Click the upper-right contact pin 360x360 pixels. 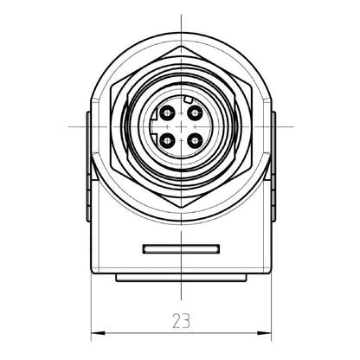point(193,112)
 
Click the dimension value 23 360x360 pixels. point(181,320)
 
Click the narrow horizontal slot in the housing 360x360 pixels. point(181,250)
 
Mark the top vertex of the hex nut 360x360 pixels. point(181,42)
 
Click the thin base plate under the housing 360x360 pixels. point(181,278)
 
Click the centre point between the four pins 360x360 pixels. point(181,125)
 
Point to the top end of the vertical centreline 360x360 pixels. point(181,15)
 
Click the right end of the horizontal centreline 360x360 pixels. point(292,125)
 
